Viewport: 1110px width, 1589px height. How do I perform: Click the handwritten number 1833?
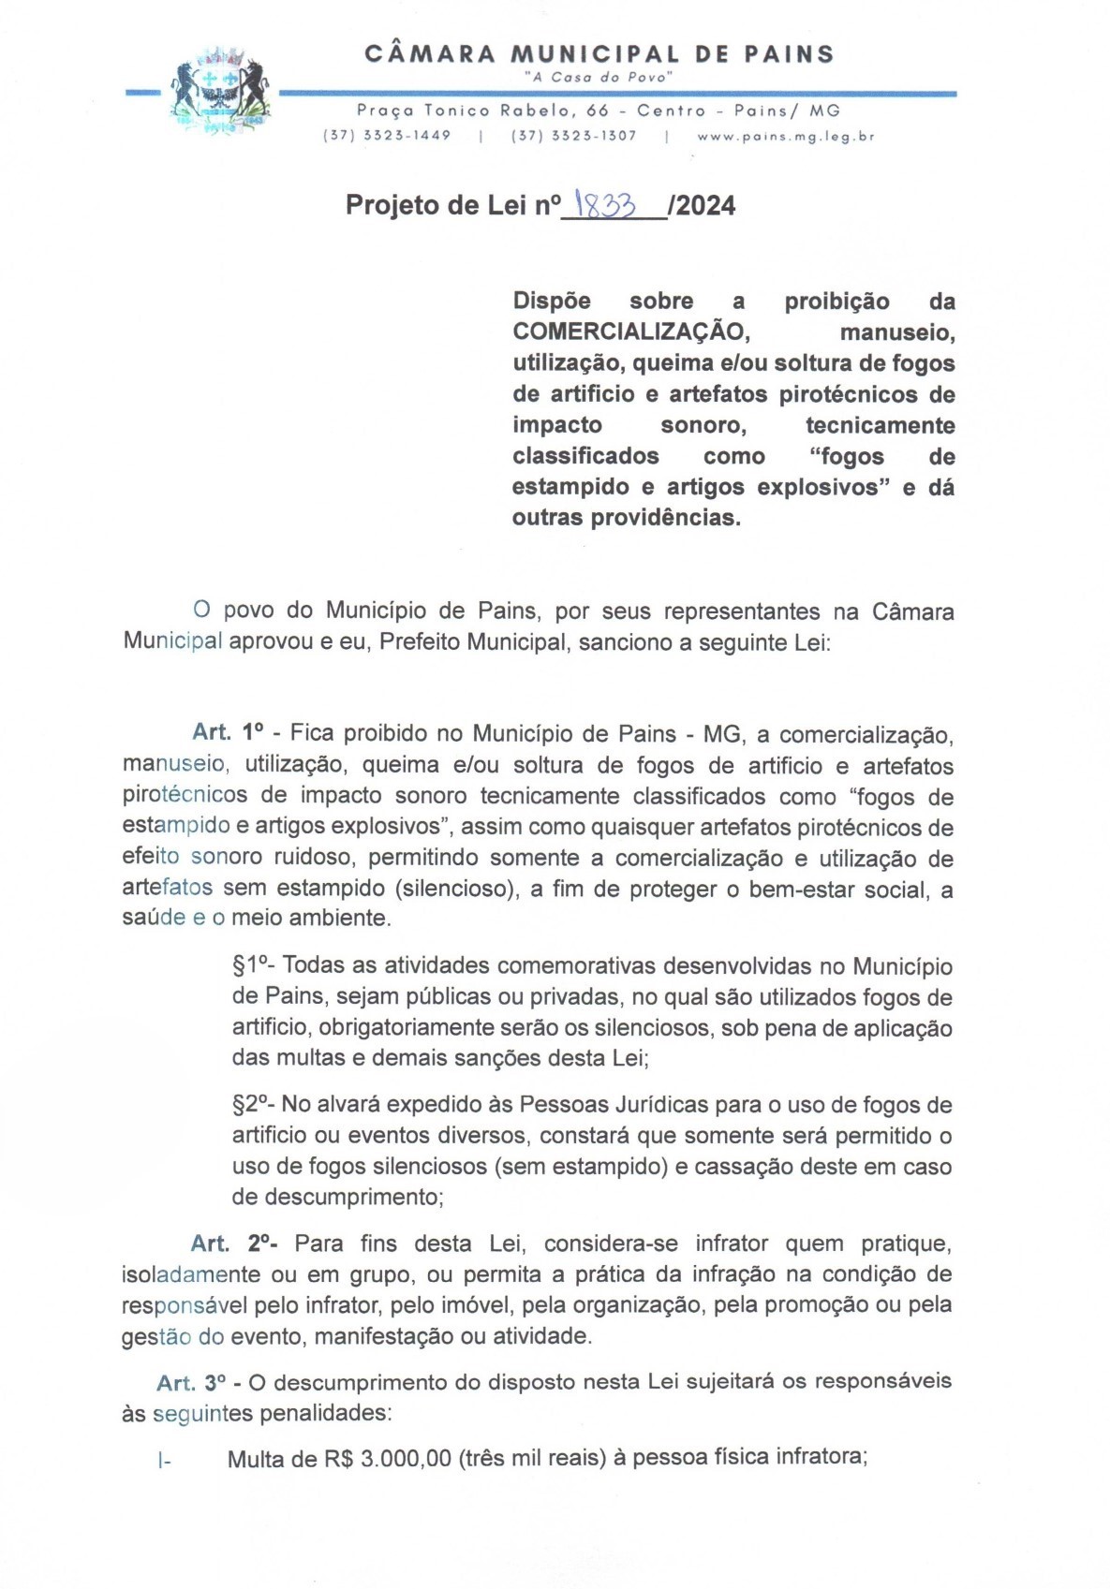(x=606, y=204)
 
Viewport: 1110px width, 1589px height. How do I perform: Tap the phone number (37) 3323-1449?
(x=387, y=136)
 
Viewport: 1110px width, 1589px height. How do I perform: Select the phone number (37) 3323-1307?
(x=573, y=136)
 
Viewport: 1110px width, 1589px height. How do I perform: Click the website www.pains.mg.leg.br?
(x=785, y=136)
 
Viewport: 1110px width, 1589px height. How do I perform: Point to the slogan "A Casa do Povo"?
(x=598, y=78)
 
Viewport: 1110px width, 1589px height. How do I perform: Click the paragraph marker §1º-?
(x=253, y=966)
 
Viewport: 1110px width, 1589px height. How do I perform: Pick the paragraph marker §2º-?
(x=253, y=1105)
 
